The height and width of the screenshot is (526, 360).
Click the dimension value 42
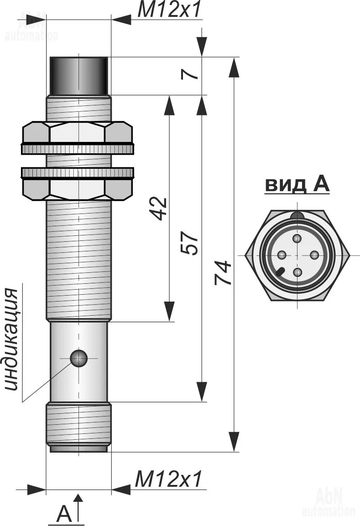[x=160, y=208]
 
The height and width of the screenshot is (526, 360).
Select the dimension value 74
[x=223, y=273]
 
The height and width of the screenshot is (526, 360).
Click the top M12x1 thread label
[x=169, y=10]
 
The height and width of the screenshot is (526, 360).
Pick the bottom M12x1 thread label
[x=168, y=479]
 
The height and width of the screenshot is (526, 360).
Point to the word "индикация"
[x=12, y=339]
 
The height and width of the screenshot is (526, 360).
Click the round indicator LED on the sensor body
[x=78, y=358]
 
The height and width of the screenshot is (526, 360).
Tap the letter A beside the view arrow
[x=64, y=515]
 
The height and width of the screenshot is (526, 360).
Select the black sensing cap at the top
[x=78, y=75]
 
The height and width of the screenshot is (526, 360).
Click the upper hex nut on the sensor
[x=78, y=134]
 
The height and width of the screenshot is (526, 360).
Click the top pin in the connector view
[x=297, y=239]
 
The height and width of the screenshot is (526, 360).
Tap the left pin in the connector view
[x=282, y=255]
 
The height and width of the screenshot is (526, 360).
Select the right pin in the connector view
[x=314, y=255]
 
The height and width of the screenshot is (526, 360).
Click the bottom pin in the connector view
[x=297, y=272]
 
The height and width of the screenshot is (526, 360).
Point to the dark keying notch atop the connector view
[x=297, y=215]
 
